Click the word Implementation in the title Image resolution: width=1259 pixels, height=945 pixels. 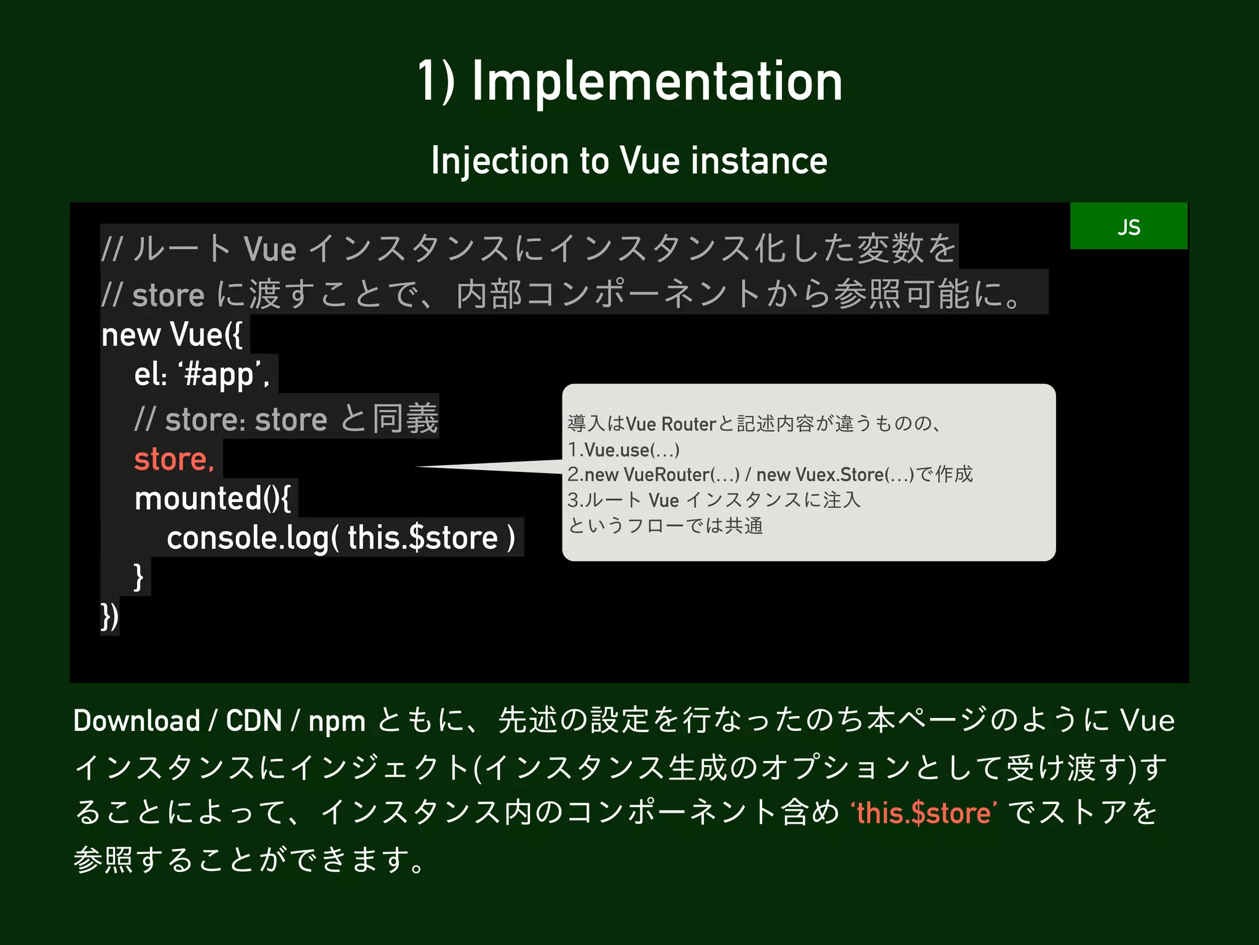point(657,81)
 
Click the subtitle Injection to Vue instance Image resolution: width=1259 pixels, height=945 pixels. point(629,161)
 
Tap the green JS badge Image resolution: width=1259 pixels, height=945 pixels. point(1128,226)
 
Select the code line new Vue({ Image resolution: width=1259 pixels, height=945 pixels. point(172,335)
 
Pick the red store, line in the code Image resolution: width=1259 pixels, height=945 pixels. point(174,459)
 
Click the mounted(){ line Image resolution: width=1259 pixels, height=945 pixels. point(213,498)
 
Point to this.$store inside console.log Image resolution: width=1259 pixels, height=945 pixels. point(422,538)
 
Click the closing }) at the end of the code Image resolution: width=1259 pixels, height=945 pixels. point(109,616)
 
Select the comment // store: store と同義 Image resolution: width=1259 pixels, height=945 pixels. point(286,420)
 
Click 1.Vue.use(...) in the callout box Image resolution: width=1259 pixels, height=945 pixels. point(623,450)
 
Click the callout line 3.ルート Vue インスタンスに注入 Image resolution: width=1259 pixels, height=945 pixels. point(713,500)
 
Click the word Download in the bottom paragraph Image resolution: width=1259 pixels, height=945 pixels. point(136,721)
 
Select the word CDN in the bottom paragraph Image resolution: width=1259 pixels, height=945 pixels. point(253,721)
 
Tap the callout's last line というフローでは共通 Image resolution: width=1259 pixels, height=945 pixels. point(665,526)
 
